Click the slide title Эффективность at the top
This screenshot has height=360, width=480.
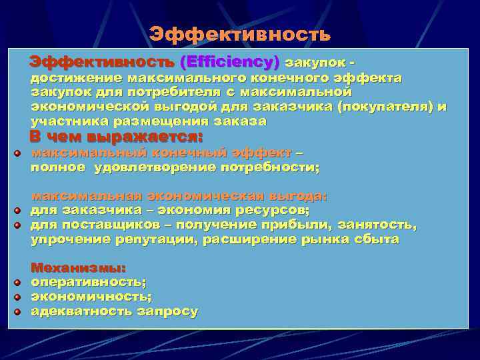pyautogui.click(x=239, y=34)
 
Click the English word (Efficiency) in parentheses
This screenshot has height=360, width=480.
pyautogui.click(x=229, y=63)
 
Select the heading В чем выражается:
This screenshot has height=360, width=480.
pyautogui.click(x=116, y=137)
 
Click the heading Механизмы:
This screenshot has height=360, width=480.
pyautogui.click(x=78, y=268)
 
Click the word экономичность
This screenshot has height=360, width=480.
pyautogui.click(x=91, y=297)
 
